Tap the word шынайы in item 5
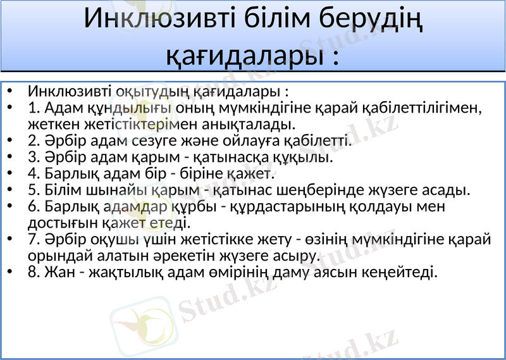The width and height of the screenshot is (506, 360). point(106,189)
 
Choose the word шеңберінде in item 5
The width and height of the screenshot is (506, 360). point(328,189)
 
